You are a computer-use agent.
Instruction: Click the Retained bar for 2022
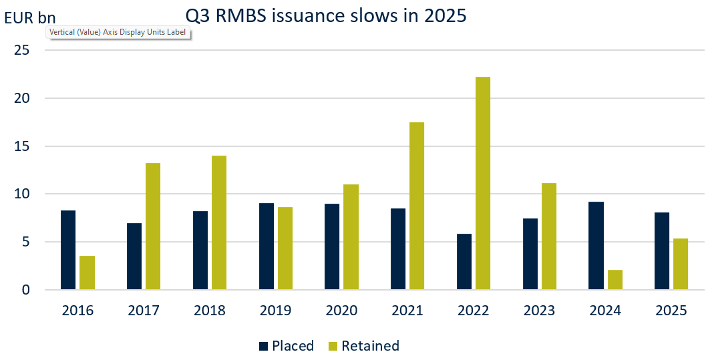pos(482,184)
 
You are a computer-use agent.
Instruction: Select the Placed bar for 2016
pos(68,250)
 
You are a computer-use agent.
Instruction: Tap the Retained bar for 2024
pos(614,280)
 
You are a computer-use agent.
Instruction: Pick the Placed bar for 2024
pos(596,246)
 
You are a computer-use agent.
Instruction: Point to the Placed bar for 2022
pos(464,262)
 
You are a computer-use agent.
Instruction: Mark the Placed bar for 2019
pos(266,246)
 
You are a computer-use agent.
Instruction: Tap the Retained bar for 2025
pos(681,264)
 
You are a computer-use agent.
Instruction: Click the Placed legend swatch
pos(264,346)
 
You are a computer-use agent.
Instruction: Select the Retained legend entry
pos(369,346)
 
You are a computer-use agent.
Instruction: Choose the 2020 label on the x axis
pos(341,311)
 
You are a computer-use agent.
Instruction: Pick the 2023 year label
pos(540,311)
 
